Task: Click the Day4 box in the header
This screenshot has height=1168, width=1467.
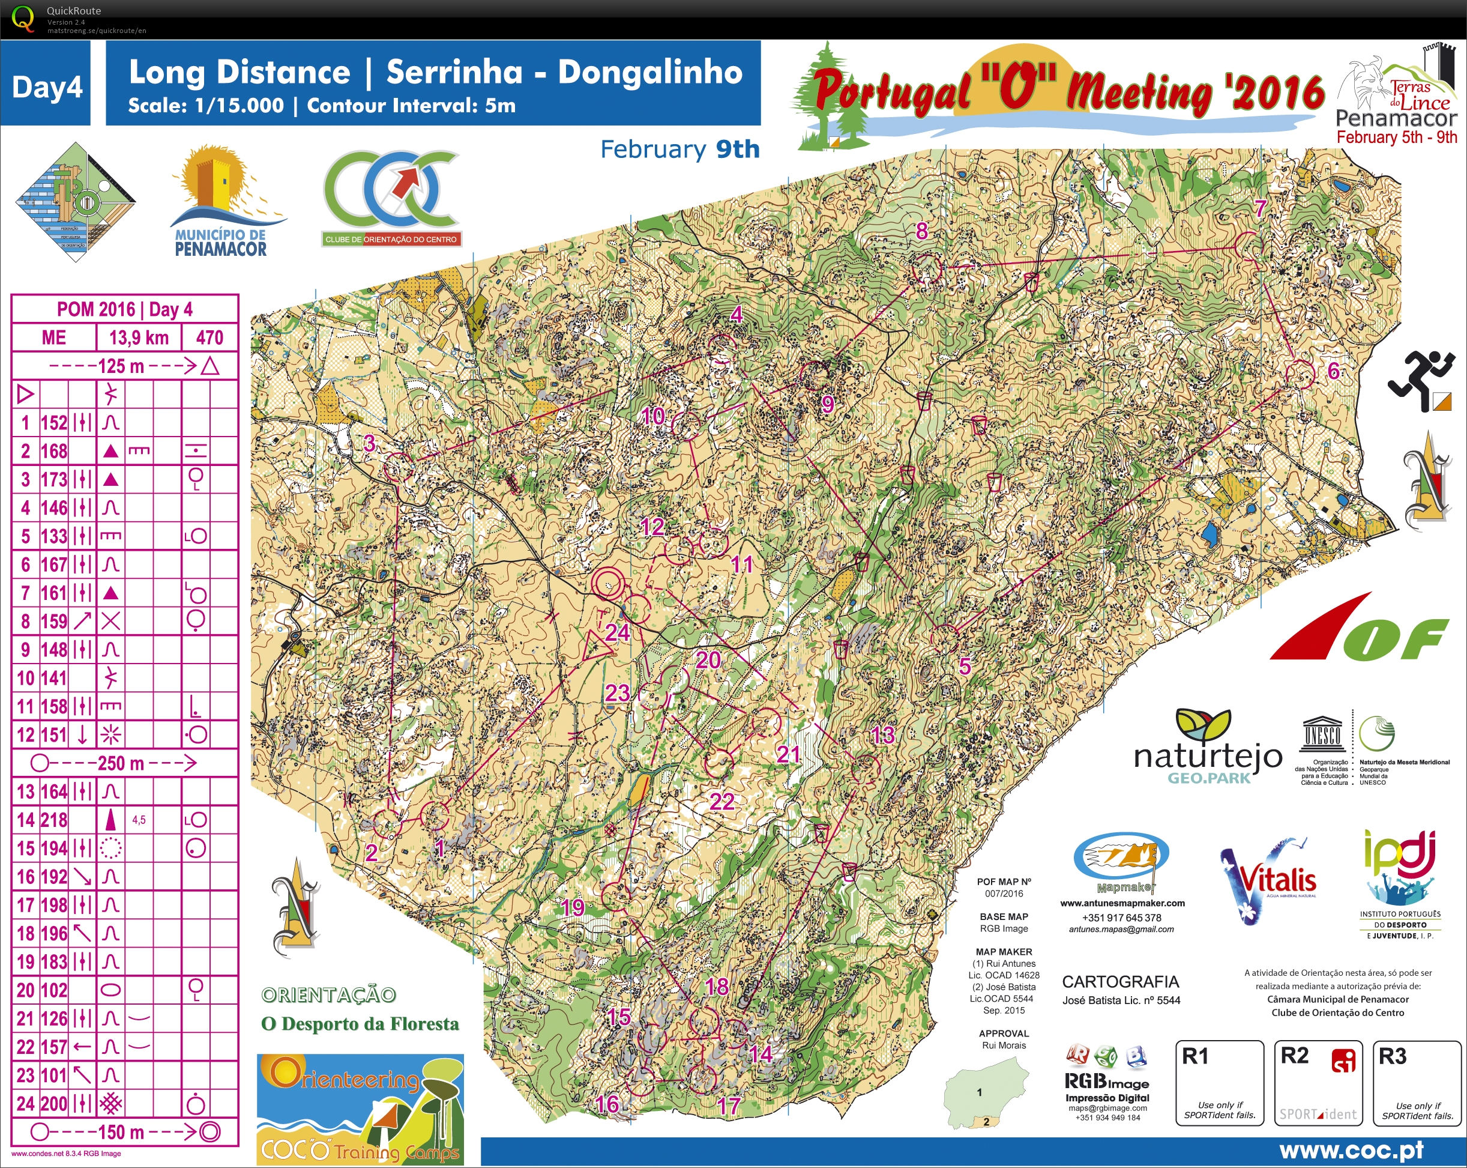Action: coord(46,87)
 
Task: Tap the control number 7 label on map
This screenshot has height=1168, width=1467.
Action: coord(1260,208)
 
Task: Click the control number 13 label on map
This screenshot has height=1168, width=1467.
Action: coord(882,735)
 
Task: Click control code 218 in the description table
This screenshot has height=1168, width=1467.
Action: coord(54,820)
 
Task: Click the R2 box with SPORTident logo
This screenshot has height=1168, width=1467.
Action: coord(1318,1083)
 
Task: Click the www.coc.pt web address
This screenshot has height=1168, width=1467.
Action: coord(1351,1151)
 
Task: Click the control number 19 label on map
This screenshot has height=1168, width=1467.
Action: coord(572,907)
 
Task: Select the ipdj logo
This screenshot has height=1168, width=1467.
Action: coord(1400,885)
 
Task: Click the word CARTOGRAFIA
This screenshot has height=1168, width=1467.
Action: coord(1120,981)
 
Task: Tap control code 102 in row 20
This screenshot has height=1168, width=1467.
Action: coord(54,990)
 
